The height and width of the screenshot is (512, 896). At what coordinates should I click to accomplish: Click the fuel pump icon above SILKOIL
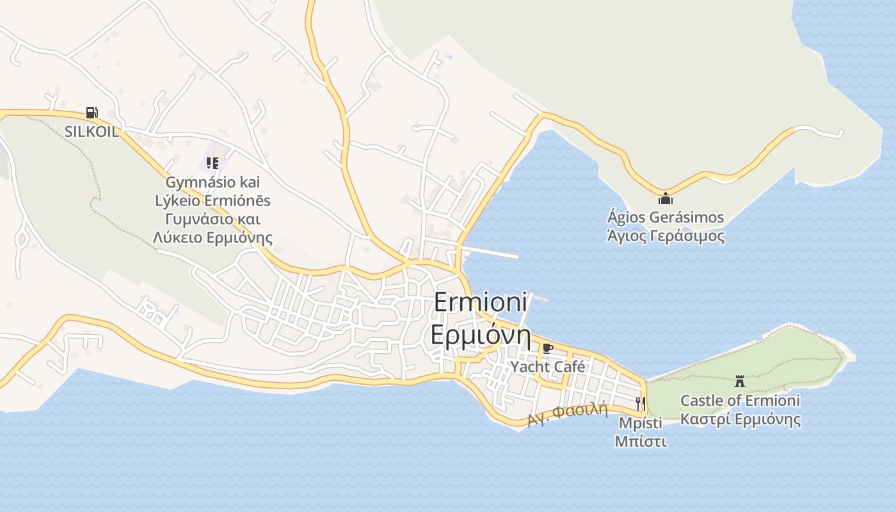tap(92, 113)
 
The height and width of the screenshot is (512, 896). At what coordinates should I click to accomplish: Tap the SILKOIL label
tap(92, 132)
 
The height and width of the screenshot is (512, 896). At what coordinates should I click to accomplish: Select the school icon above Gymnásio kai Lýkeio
tap(212, 163)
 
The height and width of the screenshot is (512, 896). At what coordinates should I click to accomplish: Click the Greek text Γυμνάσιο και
tap(212, 220)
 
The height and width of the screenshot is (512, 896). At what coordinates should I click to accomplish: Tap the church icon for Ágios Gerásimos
tap(666, 198)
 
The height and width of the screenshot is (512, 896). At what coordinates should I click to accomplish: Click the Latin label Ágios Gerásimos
tap(666, 218)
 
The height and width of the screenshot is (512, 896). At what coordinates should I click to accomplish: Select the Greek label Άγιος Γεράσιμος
tap(666, 236)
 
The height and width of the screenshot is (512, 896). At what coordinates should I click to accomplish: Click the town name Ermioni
tap(480, 302)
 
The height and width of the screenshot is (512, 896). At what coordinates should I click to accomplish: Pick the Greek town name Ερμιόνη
tap(481, 335)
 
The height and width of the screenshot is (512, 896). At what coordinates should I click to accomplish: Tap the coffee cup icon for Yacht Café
tap(547, 348)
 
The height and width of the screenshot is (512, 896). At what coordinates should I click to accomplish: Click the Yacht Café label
tap(548, 367)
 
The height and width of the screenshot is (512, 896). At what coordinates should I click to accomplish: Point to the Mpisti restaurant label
tap(641, 423)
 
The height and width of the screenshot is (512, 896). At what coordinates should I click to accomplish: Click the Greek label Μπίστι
tap(641, 442)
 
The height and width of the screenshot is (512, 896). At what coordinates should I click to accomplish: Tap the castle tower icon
tap(740, 381)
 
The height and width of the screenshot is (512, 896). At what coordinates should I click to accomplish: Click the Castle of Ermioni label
tap(740, 401)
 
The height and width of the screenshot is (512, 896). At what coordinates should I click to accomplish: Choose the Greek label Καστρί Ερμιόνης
tap(740, 420)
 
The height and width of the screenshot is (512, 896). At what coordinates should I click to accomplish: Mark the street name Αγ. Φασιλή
tap(568, 413)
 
